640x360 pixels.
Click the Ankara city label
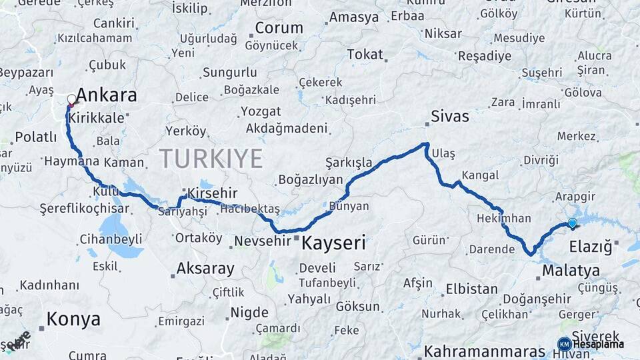click(x=107, y=95)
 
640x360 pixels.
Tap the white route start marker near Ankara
click(x=72, y=101)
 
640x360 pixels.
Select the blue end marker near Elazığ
click(x=572, y=223)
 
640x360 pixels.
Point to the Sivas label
click(x=450, y=117)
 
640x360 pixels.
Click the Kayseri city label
click(x=333, y=243)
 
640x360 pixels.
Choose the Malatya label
click(x=571, y=271)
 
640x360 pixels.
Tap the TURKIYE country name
click(x=211, y=159)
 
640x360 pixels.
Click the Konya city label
click(x=73, y=319)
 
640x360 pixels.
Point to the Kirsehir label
click(x=212, y=193)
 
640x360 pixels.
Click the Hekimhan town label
click(x=504, y=218)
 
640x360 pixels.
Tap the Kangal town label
click(x=479, y=175)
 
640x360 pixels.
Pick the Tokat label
click(x=365, y=55)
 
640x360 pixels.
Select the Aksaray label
click(x=205, y=269)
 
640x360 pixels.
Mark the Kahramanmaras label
click(x=485, y=351)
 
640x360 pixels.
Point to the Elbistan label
click(x=471, y=289)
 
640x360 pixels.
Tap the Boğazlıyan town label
click(x=310, y=179)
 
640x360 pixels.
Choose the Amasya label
click(x=354, y=17)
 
